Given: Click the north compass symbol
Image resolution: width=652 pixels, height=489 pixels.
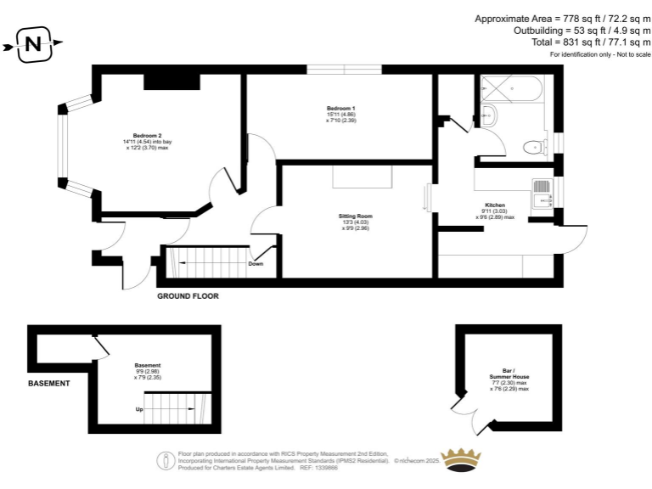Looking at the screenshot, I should tap(33, 44).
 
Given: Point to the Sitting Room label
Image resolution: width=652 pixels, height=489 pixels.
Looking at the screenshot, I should tap(355, 216).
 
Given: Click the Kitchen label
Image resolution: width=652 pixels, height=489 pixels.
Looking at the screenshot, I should tap(495, 205).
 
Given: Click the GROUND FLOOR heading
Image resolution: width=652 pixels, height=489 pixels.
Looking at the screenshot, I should tap(188, 297).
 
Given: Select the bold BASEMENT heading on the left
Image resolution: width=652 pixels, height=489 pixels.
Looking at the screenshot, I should tap(49, 384).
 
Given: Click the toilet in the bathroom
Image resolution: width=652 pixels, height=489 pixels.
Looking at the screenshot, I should tap(532, 146).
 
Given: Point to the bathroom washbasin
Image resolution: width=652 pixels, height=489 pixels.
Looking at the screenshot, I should tap(489, 113).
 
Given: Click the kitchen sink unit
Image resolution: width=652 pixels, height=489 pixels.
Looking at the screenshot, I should tap(541, 193).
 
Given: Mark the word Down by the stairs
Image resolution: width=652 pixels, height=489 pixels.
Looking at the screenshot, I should tap(256, 264).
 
